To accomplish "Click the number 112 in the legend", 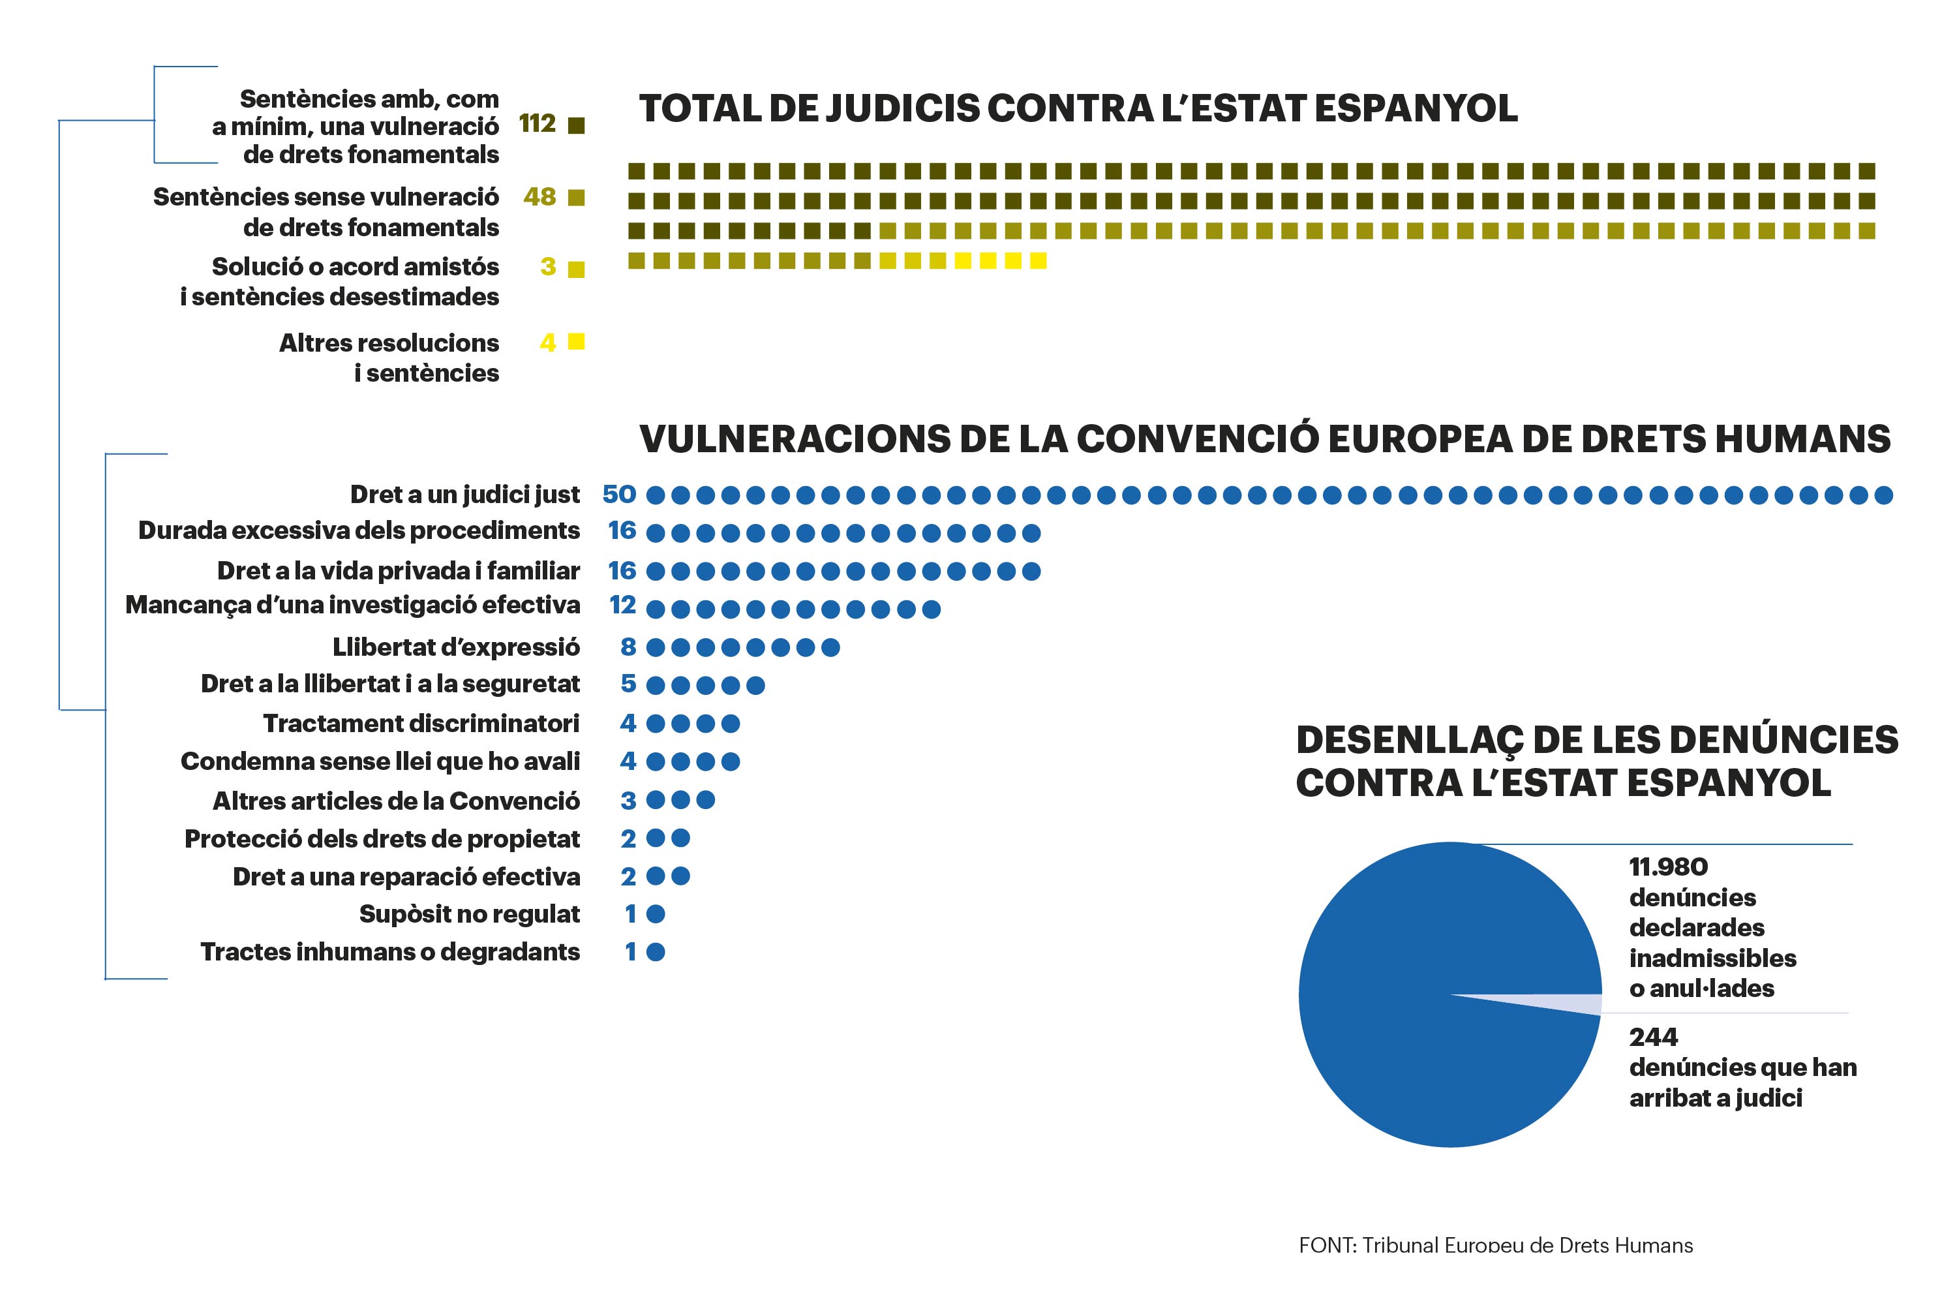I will (537, 123).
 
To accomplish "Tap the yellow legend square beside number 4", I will (576, 341).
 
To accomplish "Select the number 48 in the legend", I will (539, 196).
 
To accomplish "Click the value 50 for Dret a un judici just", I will (619, 495).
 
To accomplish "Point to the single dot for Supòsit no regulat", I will (656, 914).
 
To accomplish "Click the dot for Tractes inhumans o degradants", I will (656, 952).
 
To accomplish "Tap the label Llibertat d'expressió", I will (456, 647).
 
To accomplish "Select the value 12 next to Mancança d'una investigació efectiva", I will (622, 605).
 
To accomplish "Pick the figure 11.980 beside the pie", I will (1668, 867).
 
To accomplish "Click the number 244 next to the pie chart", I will (1653, 1037).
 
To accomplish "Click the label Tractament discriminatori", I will (421, 723).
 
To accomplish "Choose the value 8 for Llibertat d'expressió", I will (628, 647).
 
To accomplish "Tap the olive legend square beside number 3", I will (576, 269).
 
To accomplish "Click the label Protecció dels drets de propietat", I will (382, 839).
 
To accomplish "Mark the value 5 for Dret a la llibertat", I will (628, 684).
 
